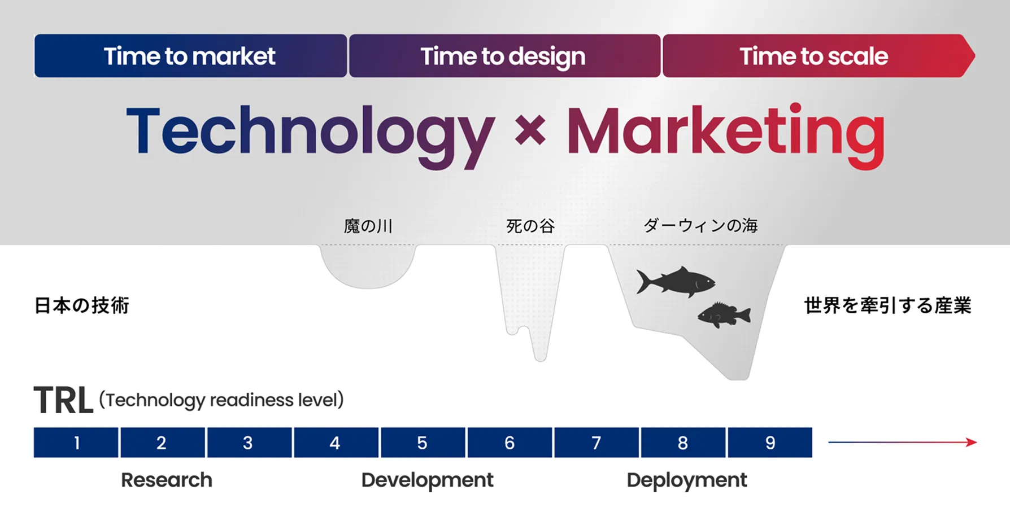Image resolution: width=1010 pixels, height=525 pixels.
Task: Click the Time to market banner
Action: point(190,56)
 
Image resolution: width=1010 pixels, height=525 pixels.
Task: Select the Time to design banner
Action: point(504,56)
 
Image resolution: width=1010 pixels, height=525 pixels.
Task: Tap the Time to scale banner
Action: point(813,56)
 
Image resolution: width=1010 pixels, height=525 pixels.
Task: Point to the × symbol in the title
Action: point(530,130)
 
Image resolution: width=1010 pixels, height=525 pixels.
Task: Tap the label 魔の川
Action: point(368,226)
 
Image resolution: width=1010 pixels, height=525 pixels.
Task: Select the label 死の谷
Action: point(530,226)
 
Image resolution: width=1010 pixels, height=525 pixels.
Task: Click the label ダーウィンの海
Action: point(700,226)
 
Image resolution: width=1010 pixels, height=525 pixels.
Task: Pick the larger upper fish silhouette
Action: point(675,281)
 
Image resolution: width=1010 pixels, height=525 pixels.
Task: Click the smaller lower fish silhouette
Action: point(724,315)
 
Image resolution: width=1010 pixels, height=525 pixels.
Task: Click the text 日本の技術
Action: point(82,305)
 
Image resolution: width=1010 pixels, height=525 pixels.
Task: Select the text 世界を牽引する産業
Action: point(887,305)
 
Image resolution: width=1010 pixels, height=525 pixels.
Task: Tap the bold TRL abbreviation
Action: point(63,401)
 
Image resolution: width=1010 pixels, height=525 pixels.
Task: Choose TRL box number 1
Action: point(76,443)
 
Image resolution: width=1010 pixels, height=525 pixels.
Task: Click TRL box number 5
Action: point(423,443)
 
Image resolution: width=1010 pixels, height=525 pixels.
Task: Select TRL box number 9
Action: point(770,443)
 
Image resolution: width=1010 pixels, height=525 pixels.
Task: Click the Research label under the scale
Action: point(167,480)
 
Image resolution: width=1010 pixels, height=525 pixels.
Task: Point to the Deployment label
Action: point(686,480)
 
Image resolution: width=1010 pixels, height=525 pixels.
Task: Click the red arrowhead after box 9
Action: point(972,442)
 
